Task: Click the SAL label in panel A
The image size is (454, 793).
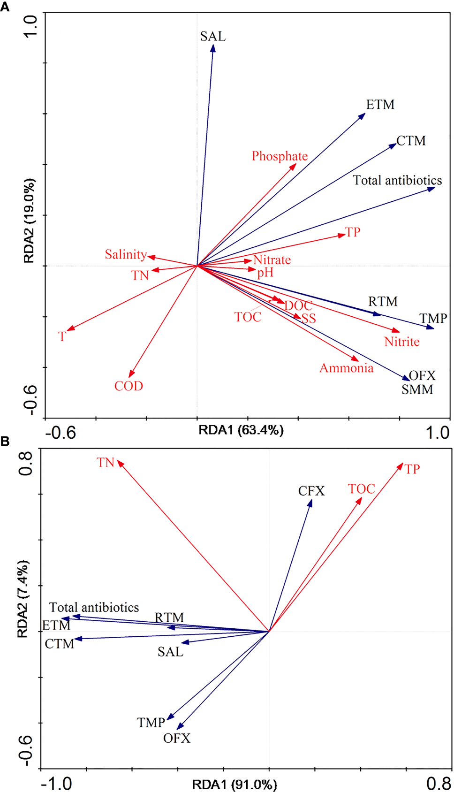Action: (x=213, y=37)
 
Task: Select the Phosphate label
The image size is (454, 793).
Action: (x=280, y=156)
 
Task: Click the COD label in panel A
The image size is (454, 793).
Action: (x=129, y=386)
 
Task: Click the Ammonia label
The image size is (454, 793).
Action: (x=346, y=368)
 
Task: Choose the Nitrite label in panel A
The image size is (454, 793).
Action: (x=401, y=342)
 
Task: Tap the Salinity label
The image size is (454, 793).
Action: (x=126, y=254)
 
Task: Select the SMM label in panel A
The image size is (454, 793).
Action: (x=417, y=389)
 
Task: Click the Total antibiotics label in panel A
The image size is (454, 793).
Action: (x=397, y=181)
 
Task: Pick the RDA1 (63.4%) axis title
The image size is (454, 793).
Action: (x=241, y=430)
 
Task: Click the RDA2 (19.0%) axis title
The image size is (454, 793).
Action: (x=29, y=221)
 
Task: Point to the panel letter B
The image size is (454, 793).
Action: (x=5, y=442)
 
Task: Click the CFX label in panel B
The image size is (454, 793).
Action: (x=311, y=491)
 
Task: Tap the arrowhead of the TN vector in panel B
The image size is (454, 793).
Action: (x=119, y=463)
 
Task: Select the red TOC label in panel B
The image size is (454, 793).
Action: (x=361, y=489)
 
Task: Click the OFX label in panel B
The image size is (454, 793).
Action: (x=177, y=739)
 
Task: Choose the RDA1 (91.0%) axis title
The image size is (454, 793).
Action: (x=235, y=785)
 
